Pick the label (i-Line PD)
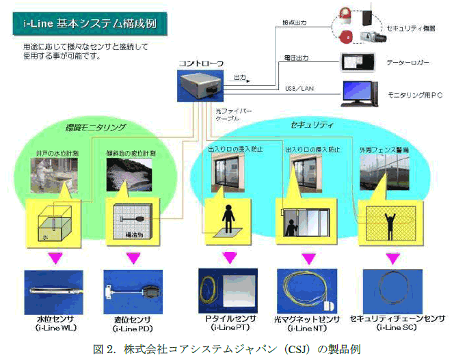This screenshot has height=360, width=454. click(135, 328)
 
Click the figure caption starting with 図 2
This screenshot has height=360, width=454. click(225, 348)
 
